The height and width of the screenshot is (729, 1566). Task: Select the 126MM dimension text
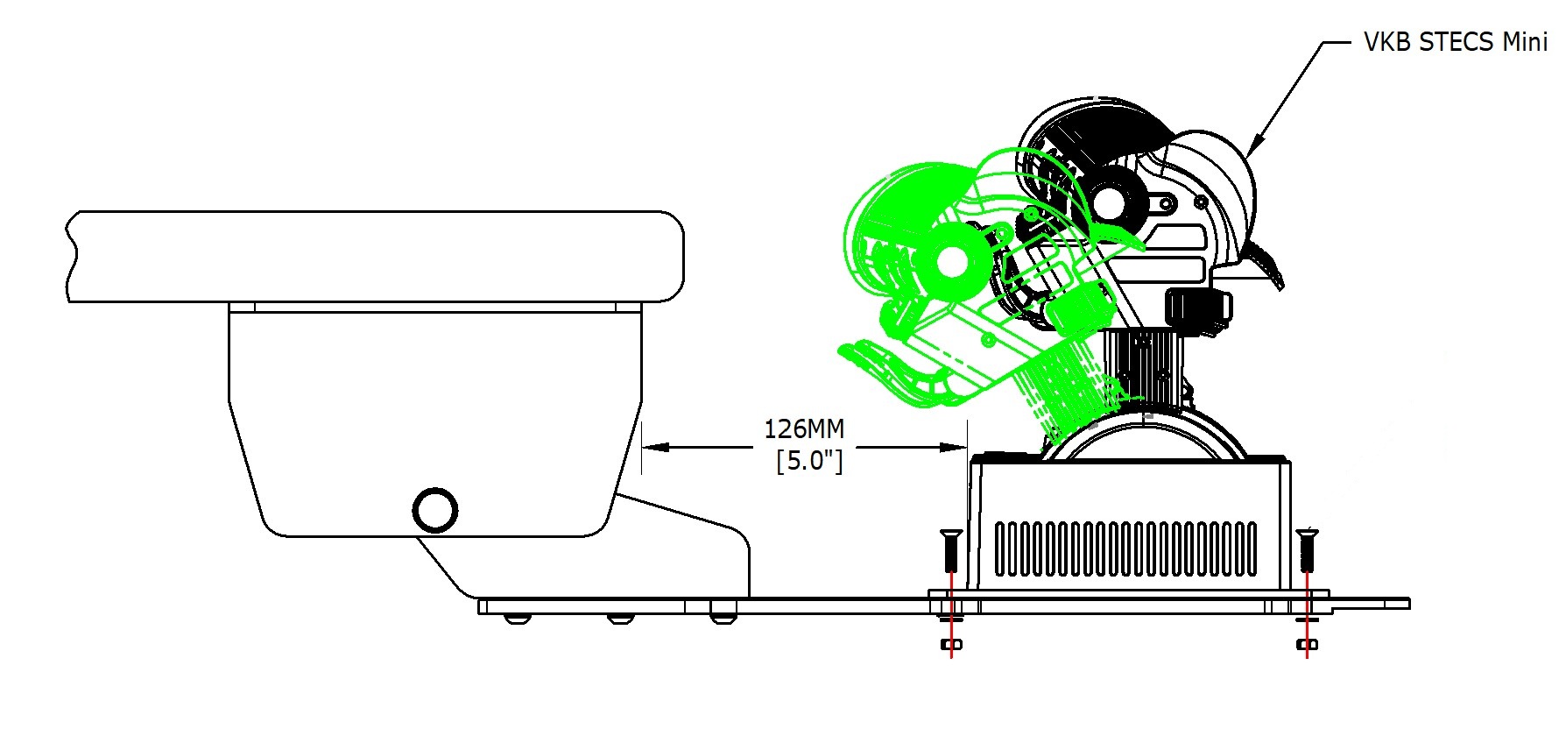(x=804, y=429)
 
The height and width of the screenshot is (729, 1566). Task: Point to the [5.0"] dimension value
(x=809, y=460)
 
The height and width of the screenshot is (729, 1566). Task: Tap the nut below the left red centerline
(x=951, y=645)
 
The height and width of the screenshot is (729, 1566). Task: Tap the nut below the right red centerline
(x=1307, y=646)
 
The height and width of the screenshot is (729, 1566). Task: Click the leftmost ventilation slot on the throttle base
(x=1002, y=549)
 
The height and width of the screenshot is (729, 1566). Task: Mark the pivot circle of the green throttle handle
(x=950, y=261)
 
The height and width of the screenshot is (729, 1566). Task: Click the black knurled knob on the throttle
(x=1197, y=309)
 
